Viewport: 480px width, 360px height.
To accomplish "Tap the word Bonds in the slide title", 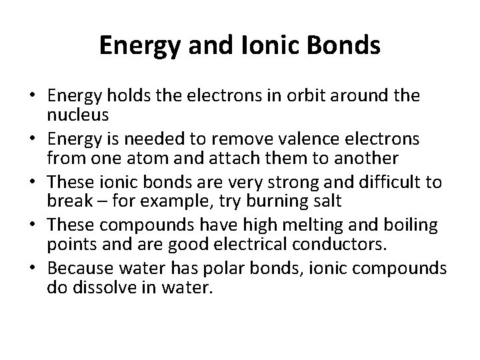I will (x=348, y=45).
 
